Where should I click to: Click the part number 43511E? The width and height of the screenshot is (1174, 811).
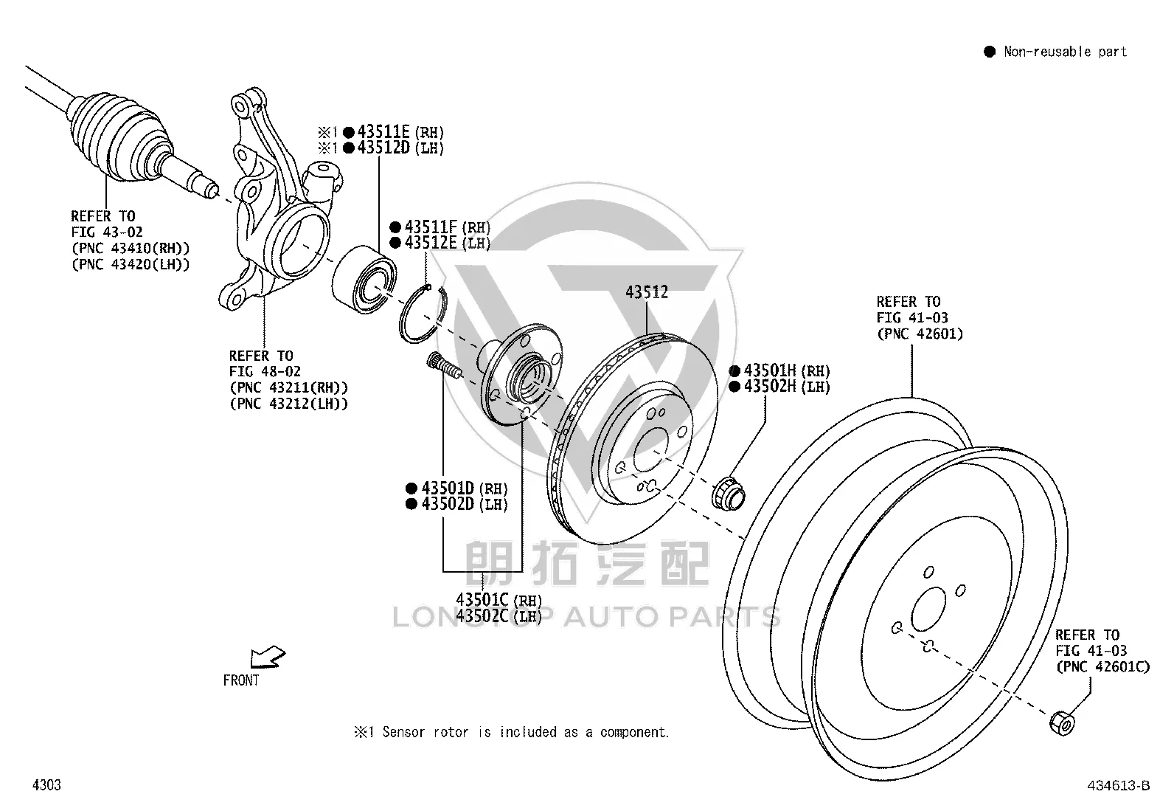(x=383, y=131)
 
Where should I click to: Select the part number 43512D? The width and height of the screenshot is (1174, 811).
(x=383, y=148)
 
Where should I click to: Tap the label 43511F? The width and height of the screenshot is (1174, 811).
(x=431, y=227)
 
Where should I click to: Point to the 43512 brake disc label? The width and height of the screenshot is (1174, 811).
(x=647, y=291)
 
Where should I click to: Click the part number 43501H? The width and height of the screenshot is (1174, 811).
(x=770, y=370)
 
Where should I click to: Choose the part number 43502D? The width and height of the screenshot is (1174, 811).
(x=448, y=503)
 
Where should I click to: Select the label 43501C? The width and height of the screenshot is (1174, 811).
(x=482, y=599)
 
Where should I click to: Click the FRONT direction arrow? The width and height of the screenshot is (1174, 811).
(x=267, y=657)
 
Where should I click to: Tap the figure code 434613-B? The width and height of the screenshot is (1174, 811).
(x=1119, y=785)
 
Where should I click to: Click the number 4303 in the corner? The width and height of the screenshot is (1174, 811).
(x=46, y=784)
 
